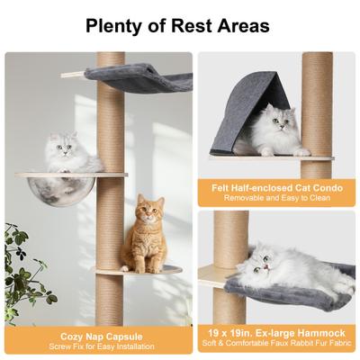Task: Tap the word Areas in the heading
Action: [x=242, y=25]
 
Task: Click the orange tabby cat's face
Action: [x=148, y=213]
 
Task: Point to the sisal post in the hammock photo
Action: [x=229, y=238]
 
